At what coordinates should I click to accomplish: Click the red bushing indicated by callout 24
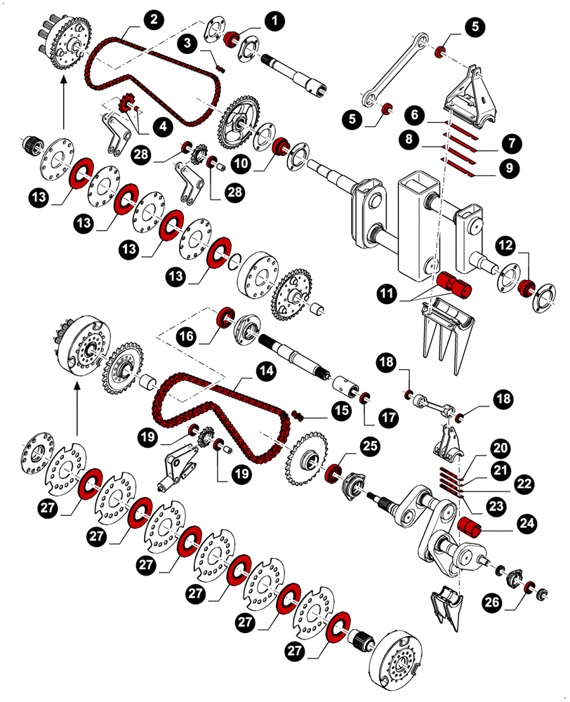pyautogui.click(x=468, y=526)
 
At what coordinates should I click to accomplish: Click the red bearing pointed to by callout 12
pyautogui.click(x=524, y=288)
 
